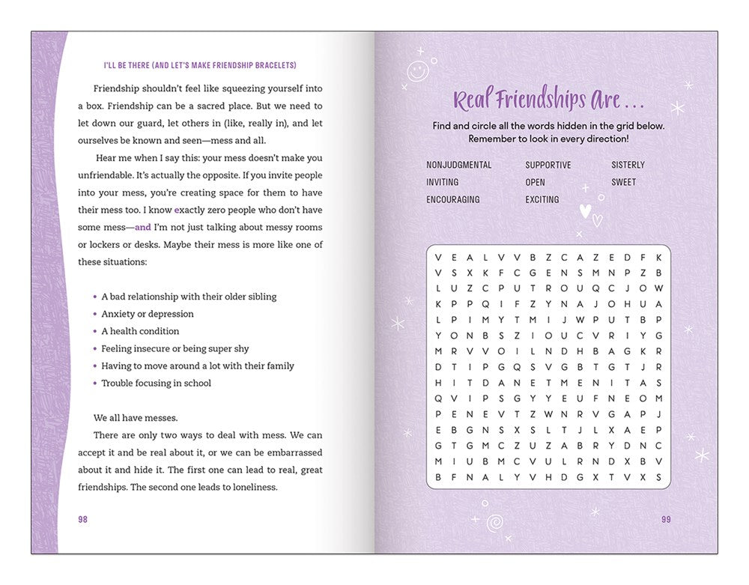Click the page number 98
point(82,519)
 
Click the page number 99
point(666,519)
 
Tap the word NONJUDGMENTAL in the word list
point(459,165)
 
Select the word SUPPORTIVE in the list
point(548,165)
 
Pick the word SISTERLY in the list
point(628,165)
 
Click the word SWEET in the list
point(623,182)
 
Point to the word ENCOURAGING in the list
point(453,199)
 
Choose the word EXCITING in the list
point(542,199)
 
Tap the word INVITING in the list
point(443,182)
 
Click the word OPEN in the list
point(536,182)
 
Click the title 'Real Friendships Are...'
point(549,100)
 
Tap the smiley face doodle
point(417,71)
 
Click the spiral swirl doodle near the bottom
point(494,523)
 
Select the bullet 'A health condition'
point(140,331)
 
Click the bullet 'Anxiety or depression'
point(148,314)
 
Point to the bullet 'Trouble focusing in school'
point(156,383)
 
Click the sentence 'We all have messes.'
point(136,417)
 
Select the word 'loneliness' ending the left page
point(254,486)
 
